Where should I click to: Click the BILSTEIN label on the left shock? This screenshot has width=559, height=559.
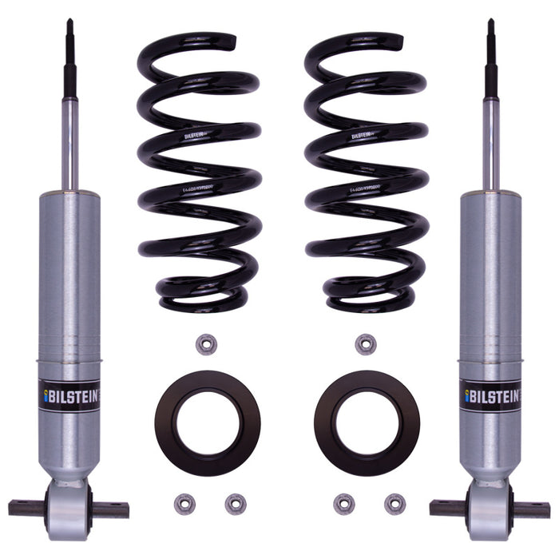tap(69, 394)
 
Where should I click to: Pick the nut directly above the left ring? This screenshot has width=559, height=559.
tap(204, 344)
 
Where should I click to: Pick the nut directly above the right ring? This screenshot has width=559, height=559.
tap(365, 344)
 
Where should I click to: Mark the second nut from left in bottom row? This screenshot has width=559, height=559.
tap(235, 504)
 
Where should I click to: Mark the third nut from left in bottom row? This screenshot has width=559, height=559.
tap(343, 504)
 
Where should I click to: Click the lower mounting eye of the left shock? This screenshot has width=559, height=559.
tap(69, 508)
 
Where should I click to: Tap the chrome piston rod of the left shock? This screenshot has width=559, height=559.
tap(70, 144)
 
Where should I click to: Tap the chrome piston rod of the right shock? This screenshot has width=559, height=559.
tap(491, 144)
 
